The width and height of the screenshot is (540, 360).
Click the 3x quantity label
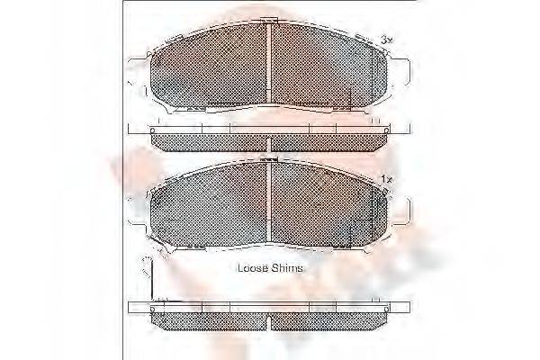[x=386, y=40]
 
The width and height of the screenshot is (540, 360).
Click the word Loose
[x=253, y=268]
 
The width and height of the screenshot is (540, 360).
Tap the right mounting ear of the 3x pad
[x=403, y=67]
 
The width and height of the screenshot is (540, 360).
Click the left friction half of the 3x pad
[x=209, y=67]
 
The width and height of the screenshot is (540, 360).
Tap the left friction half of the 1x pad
[x=209, y=209]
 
